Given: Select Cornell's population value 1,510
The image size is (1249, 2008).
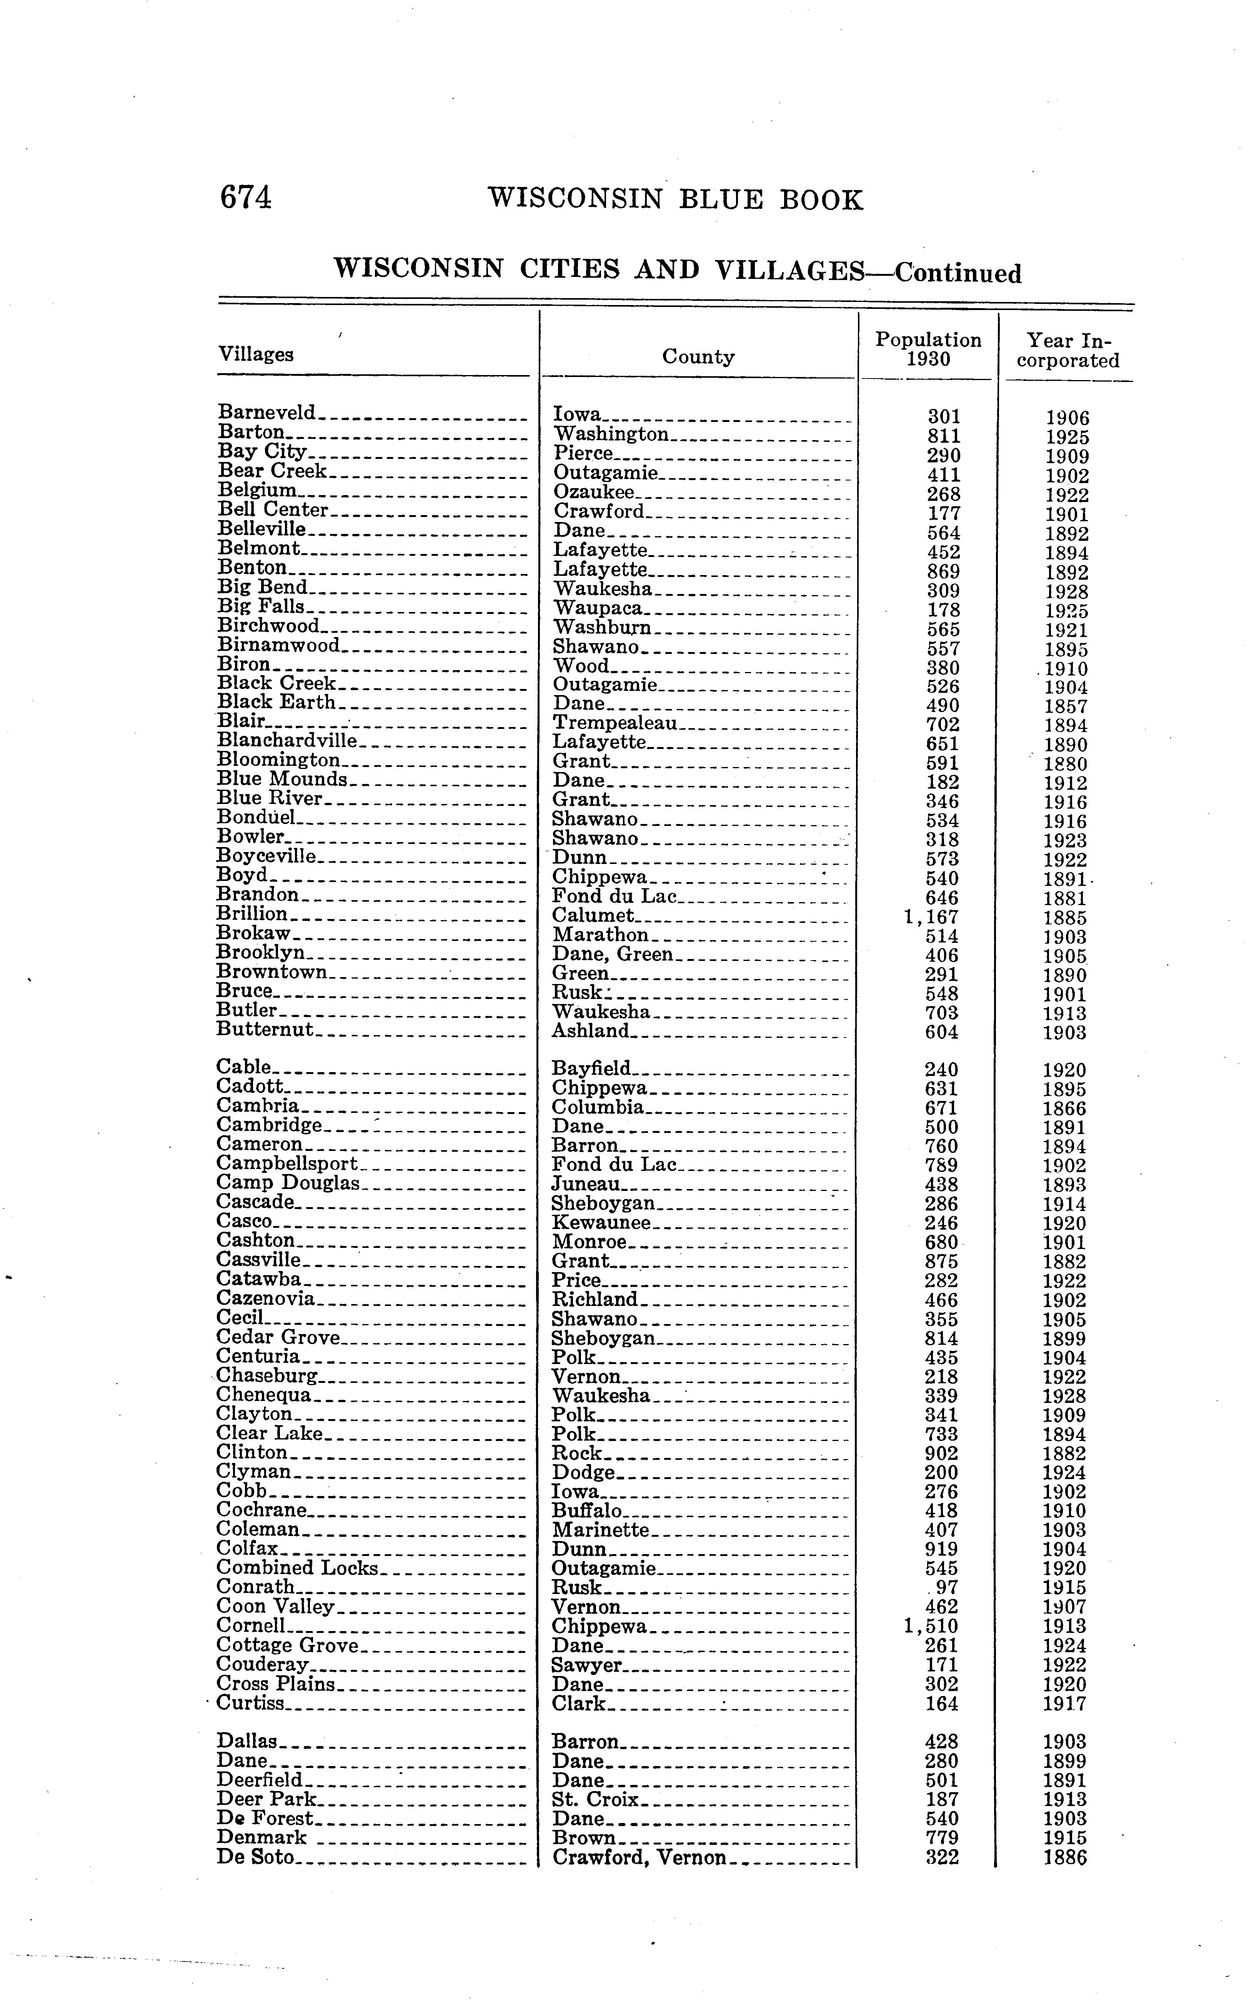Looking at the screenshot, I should pos(932,1626).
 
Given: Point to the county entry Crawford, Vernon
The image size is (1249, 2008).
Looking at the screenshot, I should pos(639,1858).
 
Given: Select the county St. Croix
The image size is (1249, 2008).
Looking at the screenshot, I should pos(595,1800).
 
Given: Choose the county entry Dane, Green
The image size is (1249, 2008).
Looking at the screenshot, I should pos(612,954).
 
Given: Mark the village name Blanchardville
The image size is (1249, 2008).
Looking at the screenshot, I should pos(286,740).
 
